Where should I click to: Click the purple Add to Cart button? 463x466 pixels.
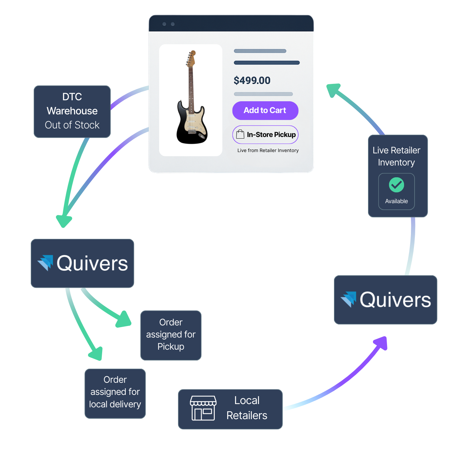click(265, 110)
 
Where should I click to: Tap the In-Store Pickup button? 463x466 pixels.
click(265, 135)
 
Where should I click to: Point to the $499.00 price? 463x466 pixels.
click(252, 80)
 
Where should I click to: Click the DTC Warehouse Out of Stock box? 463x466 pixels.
click(72, 111)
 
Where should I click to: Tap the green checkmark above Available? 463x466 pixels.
click(396, 185)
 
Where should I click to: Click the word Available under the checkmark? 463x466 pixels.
click(396, 201)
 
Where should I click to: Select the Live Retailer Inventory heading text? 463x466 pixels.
click(396, 156)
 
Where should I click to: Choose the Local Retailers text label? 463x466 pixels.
click(247, 408)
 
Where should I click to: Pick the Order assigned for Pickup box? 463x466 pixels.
click(171, 335)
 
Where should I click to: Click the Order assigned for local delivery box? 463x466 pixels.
click(115, 393)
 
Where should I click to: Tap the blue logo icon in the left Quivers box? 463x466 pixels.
click(46, 262)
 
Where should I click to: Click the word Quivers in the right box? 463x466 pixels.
click(395, 300)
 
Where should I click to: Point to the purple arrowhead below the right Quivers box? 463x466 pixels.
click(381, 343)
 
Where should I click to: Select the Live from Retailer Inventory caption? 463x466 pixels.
click(268, 150)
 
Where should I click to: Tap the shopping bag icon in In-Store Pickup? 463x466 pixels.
click(240, 134)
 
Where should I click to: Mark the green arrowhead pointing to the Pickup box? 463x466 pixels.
click(124, 319)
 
